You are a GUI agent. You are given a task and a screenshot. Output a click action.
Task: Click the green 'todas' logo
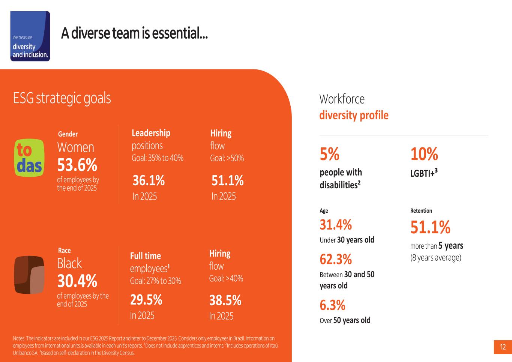(x=29, y=158)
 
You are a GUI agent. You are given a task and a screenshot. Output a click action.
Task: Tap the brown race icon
(x=29, y=275)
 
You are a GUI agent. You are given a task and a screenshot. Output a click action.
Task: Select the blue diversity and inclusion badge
(x=30, y=36)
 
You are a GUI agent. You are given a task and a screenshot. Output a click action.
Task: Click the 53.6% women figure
(x=77, y=165)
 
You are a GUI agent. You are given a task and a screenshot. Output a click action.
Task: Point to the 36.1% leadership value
(x=149, y=180)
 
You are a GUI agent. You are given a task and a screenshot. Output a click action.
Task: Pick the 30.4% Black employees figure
(x=77, y=281)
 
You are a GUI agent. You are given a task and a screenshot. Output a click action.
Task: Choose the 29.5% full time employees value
(x=146, y=300)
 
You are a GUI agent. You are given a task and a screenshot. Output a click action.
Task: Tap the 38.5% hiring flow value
(x=225, y=300)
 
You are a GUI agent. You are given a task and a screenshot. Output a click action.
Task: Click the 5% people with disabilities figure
(x=329, y=154)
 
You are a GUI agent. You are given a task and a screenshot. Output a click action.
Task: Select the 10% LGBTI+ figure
(x=424, y=154)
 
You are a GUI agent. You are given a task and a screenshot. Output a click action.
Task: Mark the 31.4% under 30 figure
(x=336, y=224)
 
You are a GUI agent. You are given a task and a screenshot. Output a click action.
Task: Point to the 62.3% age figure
(x=336, y=259)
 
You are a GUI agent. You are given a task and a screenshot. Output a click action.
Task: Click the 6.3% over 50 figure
(x=333, y=305)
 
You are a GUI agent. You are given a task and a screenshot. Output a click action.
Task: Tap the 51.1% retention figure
(x=430, y=227)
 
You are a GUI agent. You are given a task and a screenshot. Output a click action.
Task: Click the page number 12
(x=503, y=347)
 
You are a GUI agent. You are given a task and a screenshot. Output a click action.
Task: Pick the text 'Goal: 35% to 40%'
(x=158, y=158)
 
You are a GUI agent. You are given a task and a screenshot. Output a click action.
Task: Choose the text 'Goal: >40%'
(x=226, y=278)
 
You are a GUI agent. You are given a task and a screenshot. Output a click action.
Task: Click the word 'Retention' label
(x=421, y=211)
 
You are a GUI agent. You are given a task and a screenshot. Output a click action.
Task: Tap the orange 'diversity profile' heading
(x=354, y=115)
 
